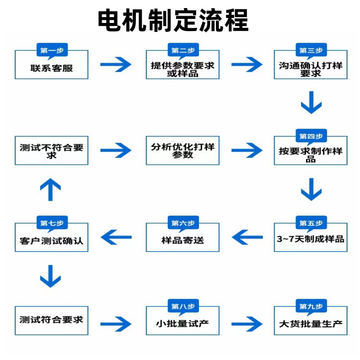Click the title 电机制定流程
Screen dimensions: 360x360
tap(173, 20)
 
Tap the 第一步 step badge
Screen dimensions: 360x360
tap(52, 50)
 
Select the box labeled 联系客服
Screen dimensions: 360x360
tap(51, 64)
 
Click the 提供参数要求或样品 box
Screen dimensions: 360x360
tap(183, 64)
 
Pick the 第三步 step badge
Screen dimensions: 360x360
tap(311, 50)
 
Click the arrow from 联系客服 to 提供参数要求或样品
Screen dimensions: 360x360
tap(116, 64)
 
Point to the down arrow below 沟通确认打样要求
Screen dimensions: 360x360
tap(311, 103)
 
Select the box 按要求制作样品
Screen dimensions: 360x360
tap(310, 150)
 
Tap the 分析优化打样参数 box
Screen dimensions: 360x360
tap(183, 150)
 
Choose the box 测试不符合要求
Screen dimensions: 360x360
tap(51, 150)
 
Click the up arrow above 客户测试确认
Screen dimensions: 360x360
tap(50, 189)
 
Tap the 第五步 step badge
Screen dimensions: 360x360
tap(311, 223)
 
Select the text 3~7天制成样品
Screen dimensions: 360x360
tap(310, 239)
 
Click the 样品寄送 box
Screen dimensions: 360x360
tap(183, 237)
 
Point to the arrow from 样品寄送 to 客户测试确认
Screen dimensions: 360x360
tap(116, 237)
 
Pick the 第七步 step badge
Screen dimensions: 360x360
tap(52, 223)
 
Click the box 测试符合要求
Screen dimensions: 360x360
tap(51, 320)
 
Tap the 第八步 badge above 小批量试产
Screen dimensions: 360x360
tap(183, 306)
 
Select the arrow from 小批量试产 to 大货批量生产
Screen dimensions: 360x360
tap(247, 324)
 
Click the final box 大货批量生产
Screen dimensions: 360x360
tap(310, 320)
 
